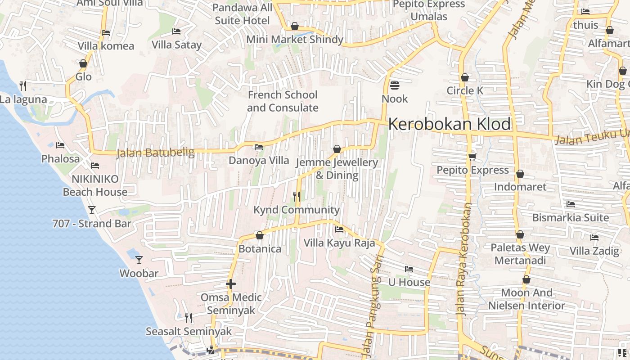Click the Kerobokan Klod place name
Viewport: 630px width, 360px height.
click(449, 124)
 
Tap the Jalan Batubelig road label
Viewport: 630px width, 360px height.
click(155, 153)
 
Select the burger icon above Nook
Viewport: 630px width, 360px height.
click(395, 85)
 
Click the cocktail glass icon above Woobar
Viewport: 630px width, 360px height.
click(139, 260)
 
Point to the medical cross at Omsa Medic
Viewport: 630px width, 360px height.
click(231, 284)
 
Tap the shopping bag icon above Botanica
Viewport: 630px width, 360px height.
click(259, 235)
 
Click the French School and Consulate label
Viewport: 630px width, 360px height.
click(283, 101)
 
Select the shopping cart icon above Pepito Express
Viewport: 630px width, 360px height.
click(472, 157)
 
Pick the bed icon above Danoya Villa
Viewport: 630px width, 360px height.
click(258, 147)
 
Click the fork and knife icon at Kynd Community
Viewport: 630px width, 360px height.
click(296, 196)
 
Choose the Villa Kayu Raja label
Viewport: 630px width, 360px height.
click(339, 243)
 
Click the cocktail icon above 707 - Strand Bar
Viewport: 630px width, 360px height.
click(92, 210)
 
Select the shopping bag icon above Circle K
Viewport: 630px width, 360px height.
click(465, 77)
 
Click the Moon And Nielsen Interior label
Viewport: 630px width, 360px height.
click(526, 299)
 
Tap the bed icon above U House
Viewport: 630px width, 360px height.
click(409, 269)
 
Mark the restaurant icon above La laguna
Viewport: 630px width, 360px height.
click(23, 85)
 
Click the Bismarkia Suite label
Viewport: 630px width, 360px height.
click(570, 218)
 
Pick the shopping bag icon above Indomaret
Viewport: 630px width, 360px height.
click(520, 174)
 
